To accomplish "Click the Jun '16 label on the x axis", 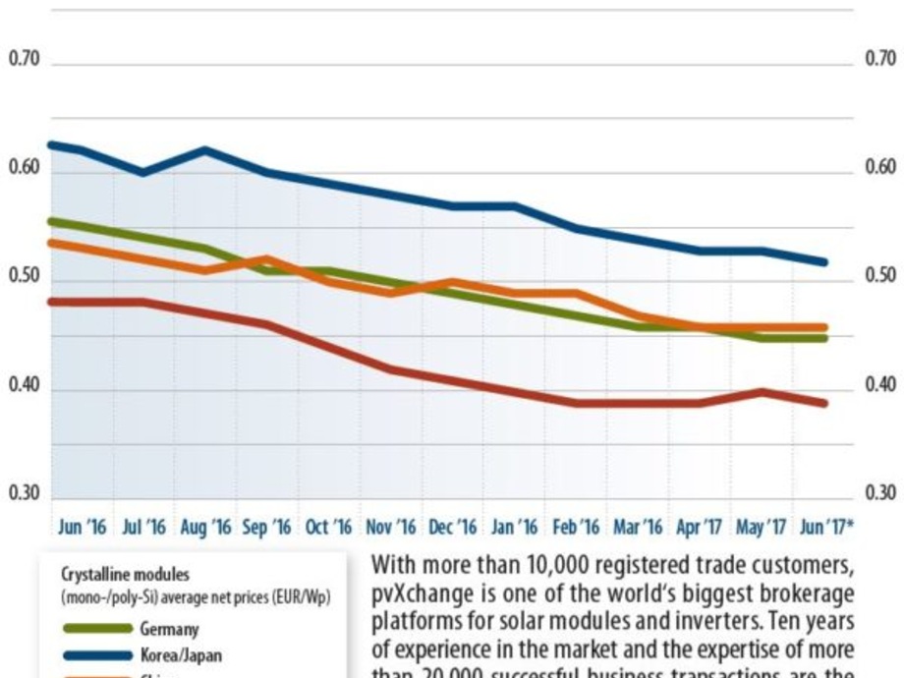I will tap(82, 528).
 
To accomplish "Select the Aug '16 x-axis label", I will tap(205, 528).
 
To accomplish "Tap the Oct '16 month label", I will tap(328, 528).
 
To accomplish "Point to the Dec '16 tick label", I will tap(452, 528).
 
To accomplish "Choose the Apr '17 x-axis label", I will tap(699, 528).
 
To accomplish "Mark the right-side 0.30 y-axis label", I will tap(880, 493).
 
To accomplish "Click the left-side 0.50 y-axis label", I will tap(24, 277).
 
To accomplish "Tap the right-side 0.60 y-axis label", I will tap(880, 168).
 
